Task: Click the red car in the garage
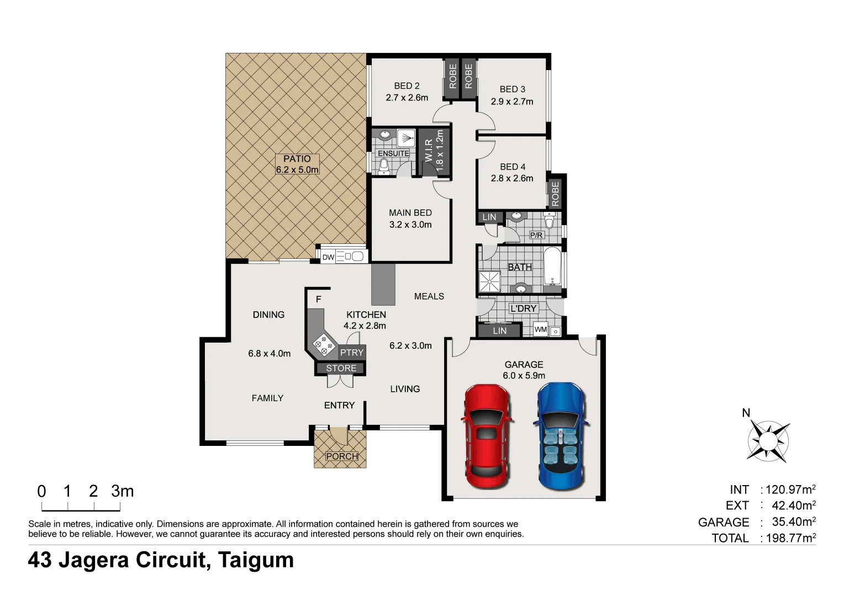pyautogui.click(x=486, y=437)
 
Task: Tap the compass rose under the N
pyautogui.click(x=767, y=441)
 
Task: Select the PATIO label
pyautogui.click(x=297, y=159)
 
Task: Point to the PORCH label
pyautogui.click(x=342, y=456)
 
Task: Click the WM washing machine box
pyautogui.click(x=541, y=329)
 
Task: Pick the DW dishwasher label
pyautogui.click(x=329, y=257)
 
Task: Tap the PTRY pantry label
pyautogui.click(x=352, y=352)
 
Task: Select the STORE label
pyautogui.click(x=341, y=368)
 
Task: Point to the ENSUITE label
pyautogui.click(x=393, y=153)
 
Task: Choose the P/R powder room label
pyautogui.click(x=536, y=235)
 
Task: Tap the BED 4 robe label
pyautogui.click(x=555, y=193)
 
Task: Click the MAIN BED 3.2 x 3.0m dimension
pyautogui.click(x=410, y=225)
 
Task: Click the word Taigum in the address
pyautogui.click(x=256, y=560)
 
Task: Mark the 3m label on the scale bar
pyautogui.click(x=123, y=491)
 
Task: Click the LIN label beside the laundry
pyautogui.click(x=499, y=331)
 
